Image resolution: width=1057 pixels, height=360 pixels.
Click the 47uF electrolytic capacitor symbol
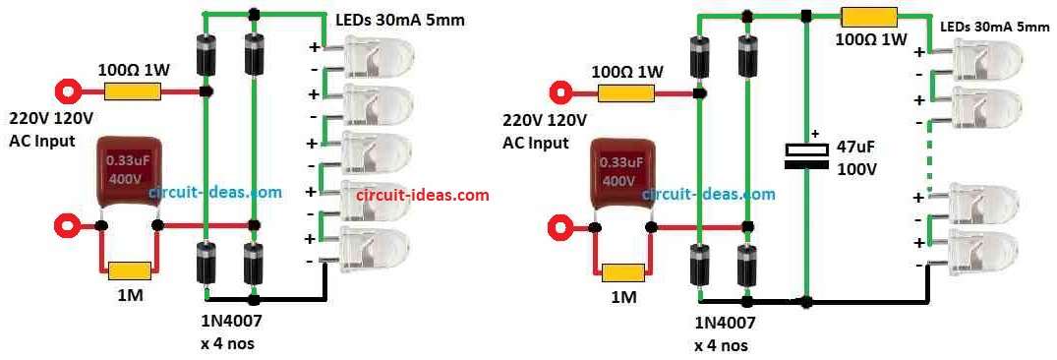[x=805, y=156]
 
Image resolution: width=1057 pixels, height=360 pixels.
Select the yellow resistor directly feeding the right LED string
[x=869, y=17]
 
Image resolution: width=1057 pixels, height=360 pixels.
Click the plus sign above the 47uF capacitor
[x=814, y=133]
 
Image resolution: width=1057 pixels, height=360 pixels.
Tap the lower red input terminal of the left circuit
[x=67, y=225]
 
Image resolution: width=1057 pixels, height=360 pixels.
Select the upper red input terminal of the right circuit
[x=561, y=92]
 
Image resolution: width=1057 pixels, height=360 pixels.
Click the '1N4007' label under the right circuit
[x=724, y=322]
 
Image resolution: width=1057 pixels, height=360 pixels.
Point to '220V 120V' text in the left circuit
[x=51, y=118]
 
